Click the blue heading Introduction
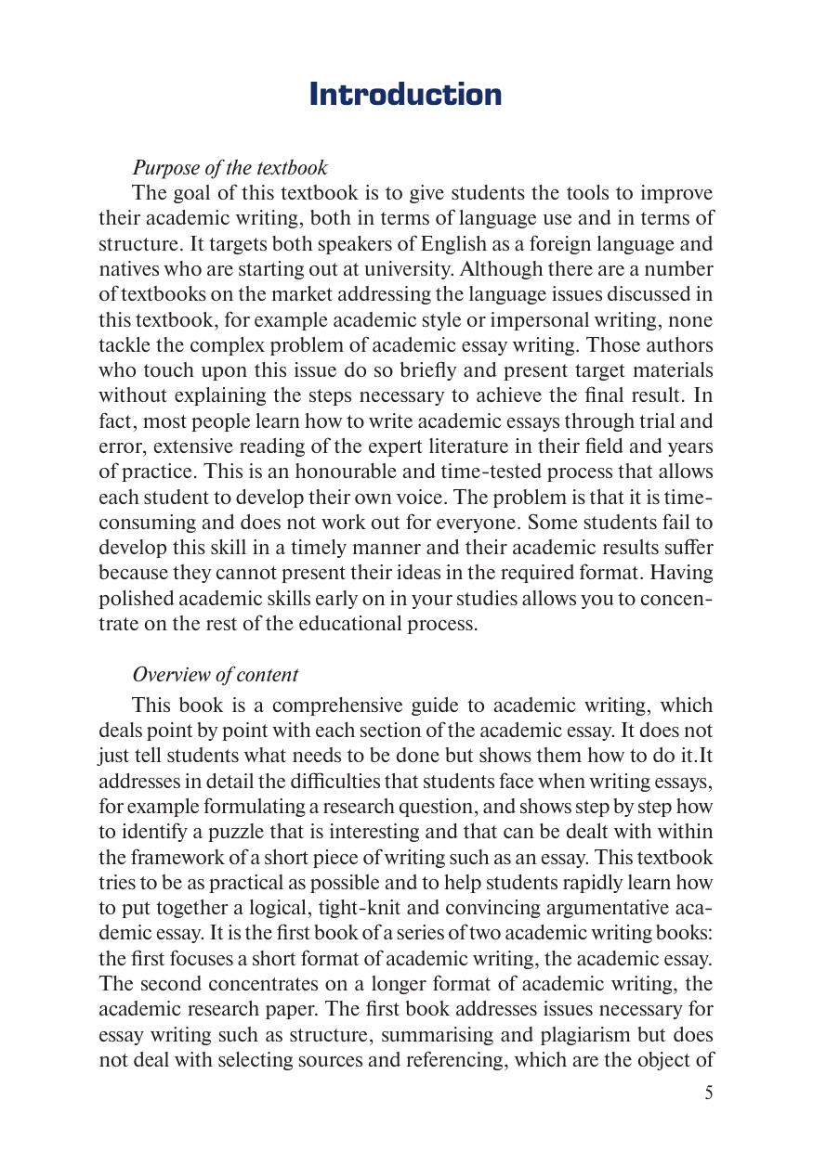pos(405,95)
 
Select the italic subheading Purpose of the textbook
pos(229,168)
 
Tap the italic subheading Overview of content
pos(215,675)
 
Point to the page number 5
pos(708,1093)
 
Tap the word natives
pos(127,269)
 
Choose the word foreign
pos(551,244)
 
